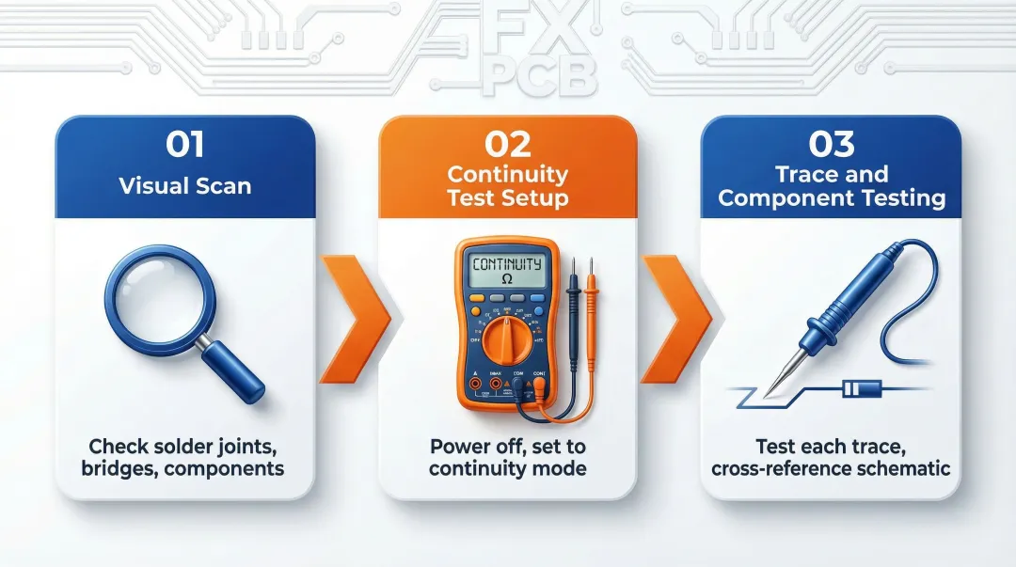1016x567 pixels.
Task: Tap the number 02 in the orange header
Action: (x=508, y=144)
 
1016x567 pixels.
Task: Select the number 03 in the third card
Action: (x=832, y=144)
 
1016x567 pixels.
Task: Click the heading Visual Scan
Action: (x=184, y=185)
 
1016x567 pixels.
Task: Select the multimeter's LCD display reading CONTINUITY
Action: (x=507, y=269)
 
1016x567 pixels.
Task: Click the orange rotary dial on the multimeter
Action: (x=507, y=340)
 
